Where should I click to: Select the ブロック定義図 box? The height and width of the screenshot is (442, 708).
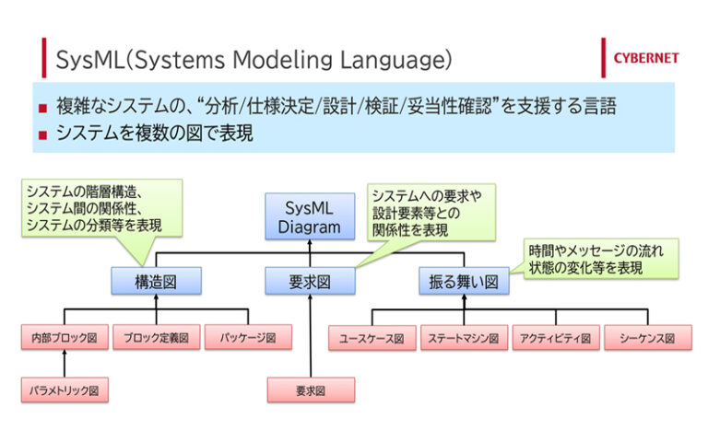[x=156, y=338]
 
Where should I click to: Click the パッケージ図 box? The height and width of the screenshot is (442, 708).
[x=248, y=338]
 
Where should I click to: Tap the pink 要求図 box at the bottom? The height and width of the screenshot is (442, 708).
[x=310, y=390]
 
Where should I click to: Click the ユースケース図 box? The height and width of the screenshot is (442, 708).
[x=372, y=338]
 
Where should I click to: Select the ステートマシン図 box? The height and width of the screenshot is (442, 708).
[x=463, y=338]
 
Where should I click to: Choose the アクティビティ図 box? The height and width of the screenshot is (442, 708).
[x=556, y=338]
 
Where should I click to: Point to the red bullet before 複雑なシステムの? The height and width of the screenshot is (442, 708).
[x=42, y=108]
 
